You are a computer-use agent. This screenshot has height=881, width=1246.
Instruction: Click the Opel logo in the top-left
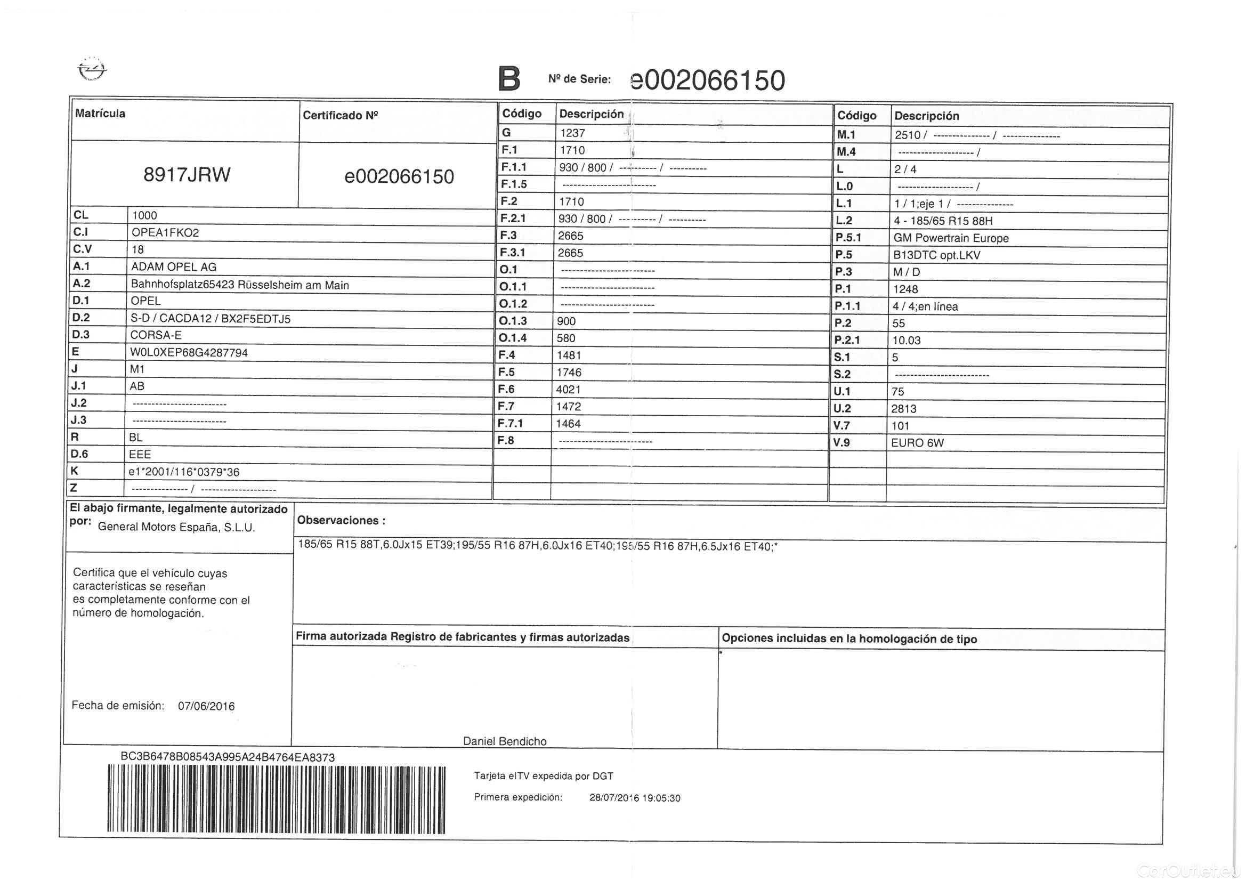[x=92, y=70]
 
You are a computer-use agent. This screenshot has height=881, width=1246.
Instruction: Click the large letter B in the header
[x=509, y=79]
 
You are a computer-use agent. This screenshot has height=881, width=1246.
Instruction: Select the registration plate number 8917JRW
[x=187, y=175]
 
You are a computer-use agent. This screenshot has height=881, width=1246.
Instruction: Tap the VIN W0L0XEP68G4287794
[x=189, y=353]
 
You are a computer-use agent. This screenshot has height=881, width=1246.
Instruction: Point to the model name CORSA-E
[x=156, y=335]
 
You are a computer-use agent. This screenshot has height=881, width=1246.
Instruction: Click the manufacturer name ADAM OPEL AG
[x=174, y=267]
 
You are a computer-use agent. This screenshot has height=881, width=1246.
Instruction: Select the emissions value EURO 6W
[x=917, y=443]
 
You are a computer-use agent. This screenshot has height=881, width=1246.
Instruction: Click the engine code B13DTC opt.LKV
[x=937, y=255]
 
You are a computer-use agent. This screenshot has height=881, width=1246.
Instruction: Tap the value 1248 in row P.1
[x=905, y=289]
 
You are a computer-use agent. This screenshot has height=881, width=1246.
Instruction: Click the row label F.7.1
[x=510, y=423]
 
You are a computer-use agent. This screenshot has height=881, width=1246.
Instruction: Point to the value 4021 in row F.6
[x=568, y=390]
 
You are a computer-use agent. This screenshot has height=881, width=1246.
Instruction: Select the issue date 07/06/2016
[x=206, y=706]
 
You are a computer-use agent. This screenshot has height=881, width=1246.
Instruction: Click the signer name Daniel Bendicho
[x=505, y=741]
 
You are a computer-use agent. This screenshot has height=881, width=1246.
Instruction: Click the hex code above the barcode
[x=228, y=757]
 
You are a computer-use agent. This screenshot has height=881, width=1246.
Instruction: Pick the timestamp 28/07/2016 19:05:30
[x=634, y=798]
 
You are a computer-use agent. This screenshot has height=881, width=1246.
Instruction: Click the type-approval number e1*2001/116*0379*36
[x=184, y=472]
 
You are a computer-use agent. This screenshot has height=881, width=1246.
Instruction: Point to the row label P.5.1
[x=848, y=238]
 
